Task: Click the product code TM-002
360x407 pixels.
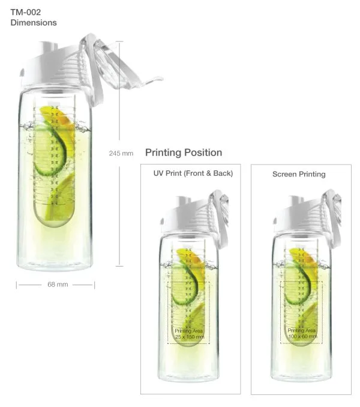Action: pyautogui.click(x=25, y=12)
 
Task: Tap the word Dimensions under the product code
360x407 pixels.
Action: pyautogui.click(x=34, y=23)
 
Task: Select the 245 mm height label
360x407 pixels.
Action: pyautogui.click(x=121, y=154)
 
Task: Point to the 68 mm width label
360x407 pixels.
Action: pyautogui.click(x=58, y=285)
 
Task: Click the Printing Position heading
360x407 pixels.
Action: pyautogui.click(x=184, y=152)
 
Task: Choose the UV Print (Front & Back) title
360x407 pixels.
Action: pyautogui.click(x=193, y=173)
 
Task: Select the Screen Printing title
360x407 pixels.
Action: pyautogui.click(x=299, y=174)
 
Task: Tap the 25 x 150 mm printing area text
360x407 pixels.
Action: pyautogui.click(x=190, y=337)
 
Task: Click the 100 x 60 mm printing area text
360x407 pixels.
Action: pyautogui.click(x=302, y=336)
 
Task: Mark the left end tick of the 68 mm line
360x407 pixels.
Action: pyautogui.click(x=16, y=285)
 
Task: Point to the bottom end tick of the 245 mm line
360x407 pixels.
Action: pyautogui.click(x=119, y=266)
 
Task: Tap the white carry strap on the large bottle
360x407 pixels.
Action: pyautogui.click(x=94, y=73)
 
